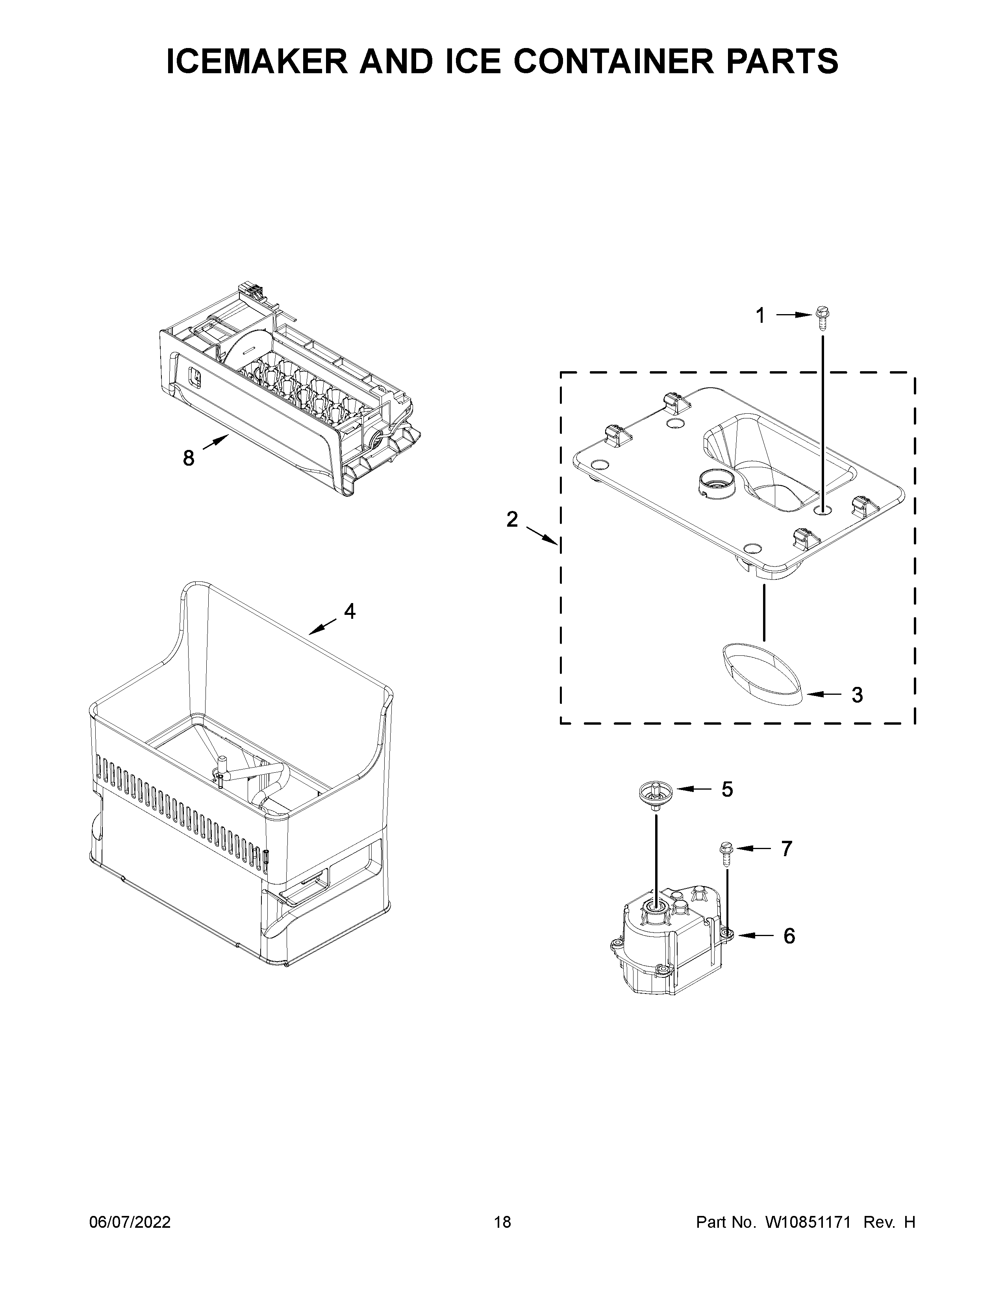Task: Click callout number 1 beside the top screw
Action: coord(760,316)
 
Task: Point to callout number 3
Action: coord(857,695)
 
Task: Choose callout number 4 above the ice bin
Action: coord(350,611)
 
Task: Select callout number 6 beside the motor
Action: coord(789,936)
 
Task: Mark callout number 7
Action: coord(786,849)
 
